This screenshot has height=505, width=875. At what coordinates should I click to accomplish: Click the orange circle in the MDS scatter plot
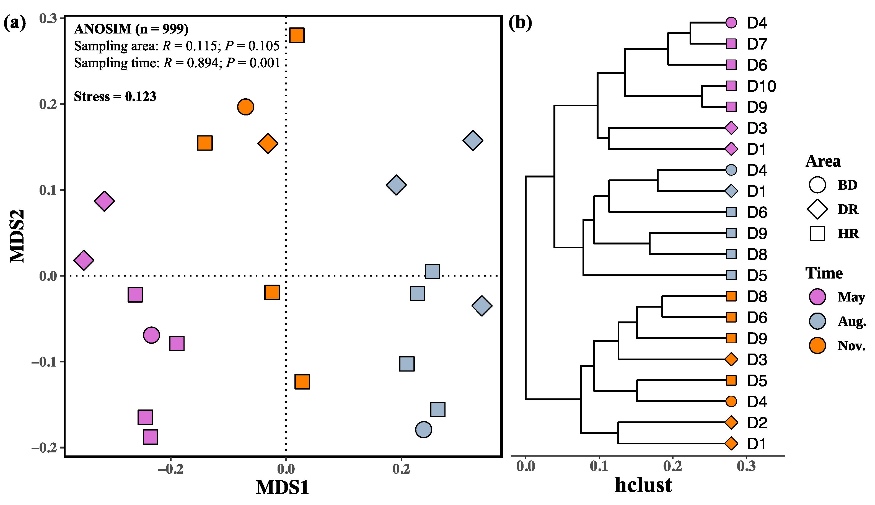click(245, 107)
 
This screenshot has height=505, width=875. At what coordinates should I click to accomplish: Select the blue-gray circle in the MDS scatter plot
click(423, 430)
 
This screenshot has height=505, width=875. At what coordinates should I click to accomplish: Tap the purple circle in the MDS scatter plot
click(151, 335)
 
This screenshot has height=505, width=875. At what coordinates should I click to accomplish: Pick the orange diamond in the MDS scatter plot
click(268, 143)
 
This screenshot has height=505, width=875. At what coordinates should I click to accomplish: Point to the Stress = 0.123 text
click(115, 96)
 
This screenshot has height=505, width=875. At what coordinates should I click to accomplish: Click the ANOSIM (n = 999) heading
click(131, 29)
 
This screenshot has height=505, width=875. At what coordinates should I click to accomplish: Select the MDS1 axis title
click(282, 487)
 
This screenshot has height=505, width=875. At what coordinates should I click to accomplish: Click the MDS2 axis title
click(17, 236)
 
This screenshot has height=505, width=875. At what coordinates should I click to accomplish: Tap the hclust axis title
click(643, 485)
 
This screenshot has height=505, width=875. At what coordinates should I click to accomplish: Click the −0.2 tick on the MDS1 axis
click(170, 469)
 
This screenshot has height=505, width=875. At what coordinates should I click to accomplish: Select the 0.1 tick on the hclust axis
click(599, 467)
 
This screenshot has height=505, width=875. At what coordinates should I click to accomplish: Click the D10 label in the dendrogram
click(761, 86)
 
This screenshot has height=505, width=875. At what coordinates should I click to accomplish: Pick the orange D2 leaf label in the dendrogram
click(757, 422)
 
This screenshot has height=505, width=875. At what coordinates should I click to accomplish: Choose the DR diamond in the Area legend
click(817, 209)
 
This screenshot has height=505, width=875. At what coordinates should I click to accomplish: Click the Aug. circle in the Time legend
click(817, 321)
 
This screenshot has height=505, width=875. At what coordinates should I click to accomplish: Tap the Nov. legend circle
click(817, 346)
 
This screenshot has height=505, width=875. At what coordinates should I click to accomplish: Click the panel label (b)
click(520, 23)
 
